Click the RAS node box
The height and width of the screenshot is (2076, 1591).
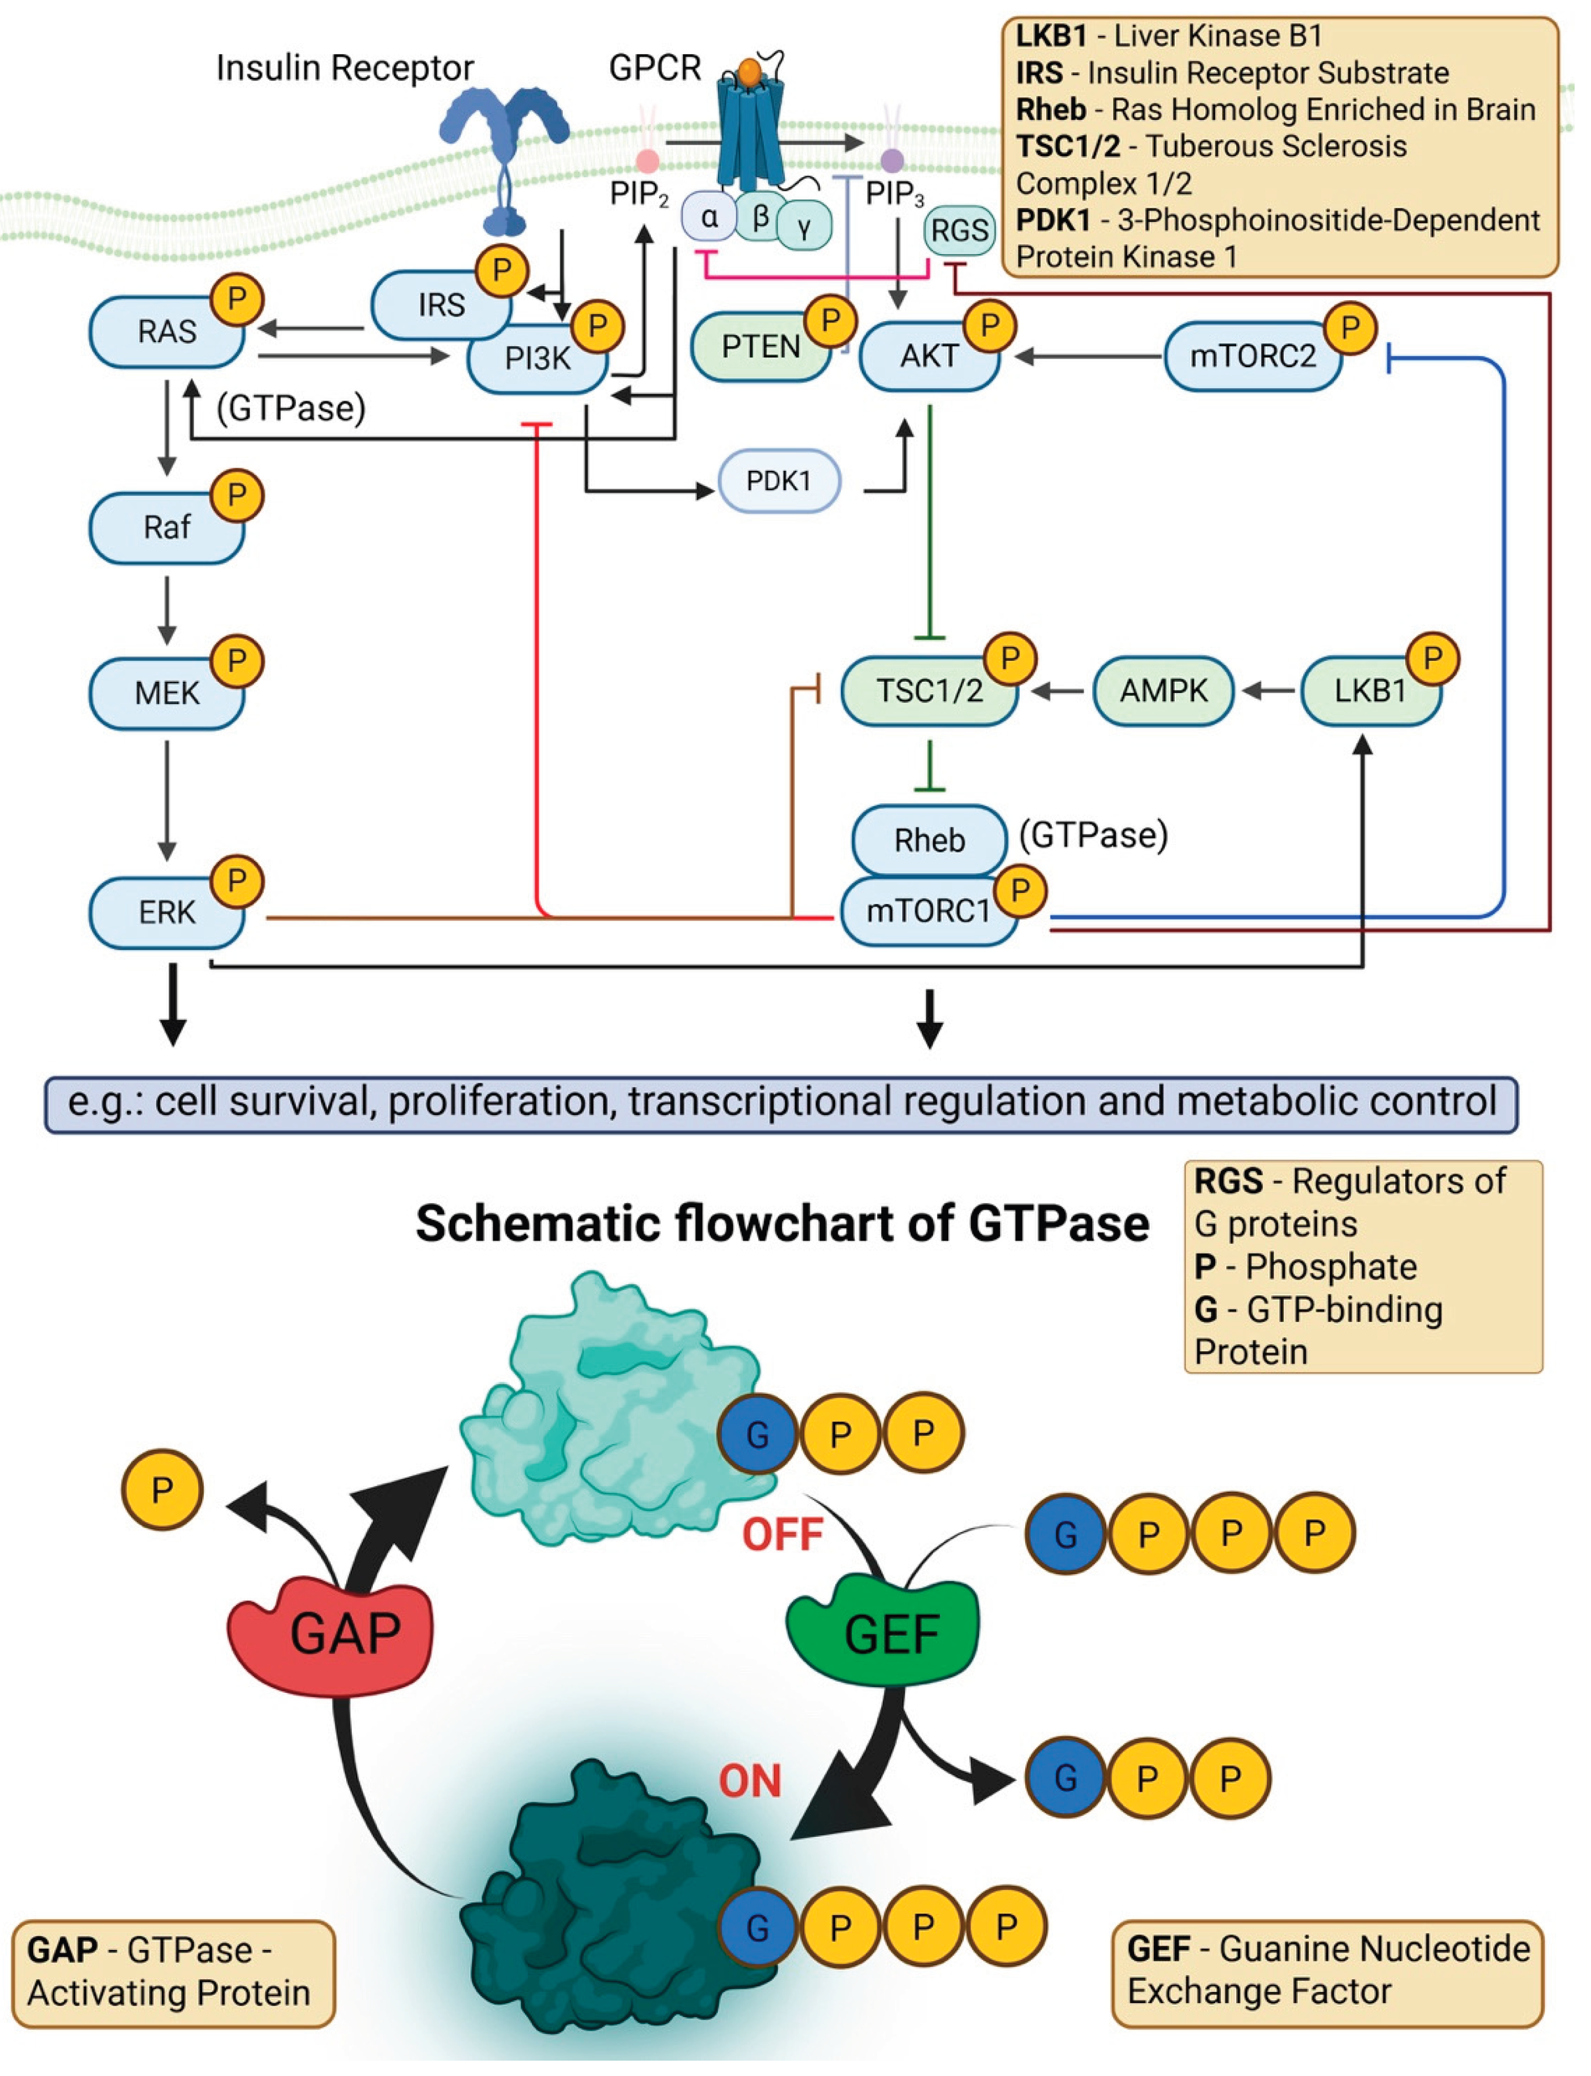coord(166,331)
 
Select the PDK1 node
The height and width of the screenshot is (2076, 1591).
coord(778,481)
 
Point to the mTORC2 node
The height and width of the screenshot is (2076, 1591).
coord(1252,356)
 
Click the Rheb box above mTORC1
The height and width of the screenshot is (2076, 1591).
coord(929,839)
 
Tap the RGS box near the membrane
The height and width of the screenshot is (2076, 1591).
coord(959,230)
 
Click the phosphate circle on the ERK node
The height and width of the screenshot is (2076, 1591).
coord(237,881)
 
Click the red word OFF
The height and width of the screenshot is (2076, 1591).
coord(782,1534)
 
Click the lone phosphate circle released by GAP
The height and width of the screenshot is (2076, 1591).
coord(163,1490)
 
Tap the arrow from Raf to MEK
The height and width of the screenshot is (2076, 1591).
coord(166,609)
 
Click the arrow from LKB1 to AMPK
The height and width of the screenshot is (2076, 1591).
coord(1269,691)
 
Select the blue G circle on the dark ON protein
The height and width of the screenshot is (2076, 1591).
coord(758,1926)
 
